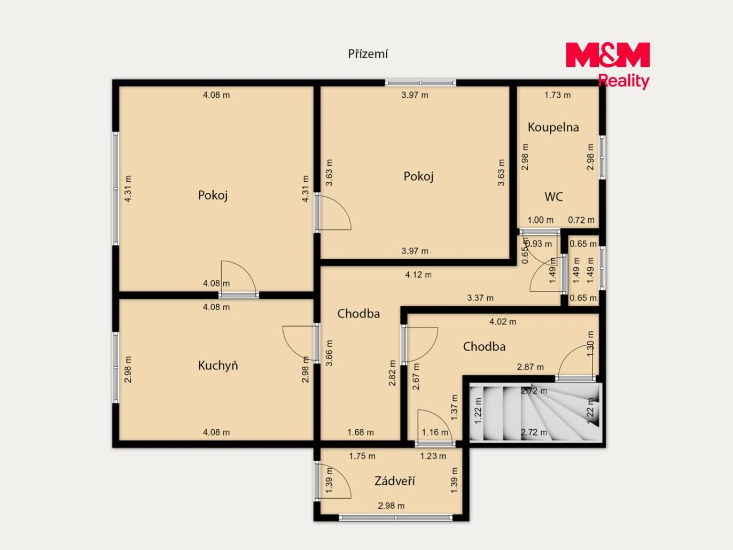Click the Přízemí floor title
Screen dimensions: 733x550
[368, 54]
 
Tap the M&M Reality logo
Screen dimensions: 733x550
[608, 66]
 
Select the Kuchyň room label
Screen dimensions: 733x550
[218, 366]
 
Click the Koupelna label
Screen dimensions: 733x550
[553, 127]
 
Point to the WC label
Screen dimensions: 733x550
[553, 197]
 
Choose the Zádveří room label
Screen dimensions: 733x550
[394, 481]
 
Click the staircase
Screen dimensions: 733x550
[536, 413]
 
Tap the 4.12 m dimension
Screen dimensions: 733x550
[418, 275]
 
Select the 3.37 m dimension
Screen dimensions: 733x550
[480, 298]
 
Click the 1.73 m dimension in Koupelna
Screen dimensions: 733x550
[557, 95]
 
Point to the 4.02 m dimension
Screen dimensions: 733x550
[503, 322]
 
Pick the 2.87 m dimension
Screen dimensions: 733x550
[531, 367]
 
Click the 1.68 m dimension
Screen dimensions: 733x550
[360, 432]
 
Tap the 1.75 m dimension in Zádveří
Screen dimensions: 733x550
[362, 456]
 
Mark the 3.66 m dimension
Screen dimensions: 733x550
[329, 353]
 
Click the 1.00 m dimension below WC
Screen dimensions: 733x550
[540, 220]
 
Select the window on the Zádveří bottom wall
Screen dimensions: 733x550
[396, 517]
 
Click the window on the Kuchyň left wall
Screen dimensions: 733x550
[115, 368]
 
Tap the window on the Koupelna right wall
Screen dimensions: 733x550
[602, 158]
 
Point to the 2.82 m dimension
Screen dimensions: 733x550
[392, 373]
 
